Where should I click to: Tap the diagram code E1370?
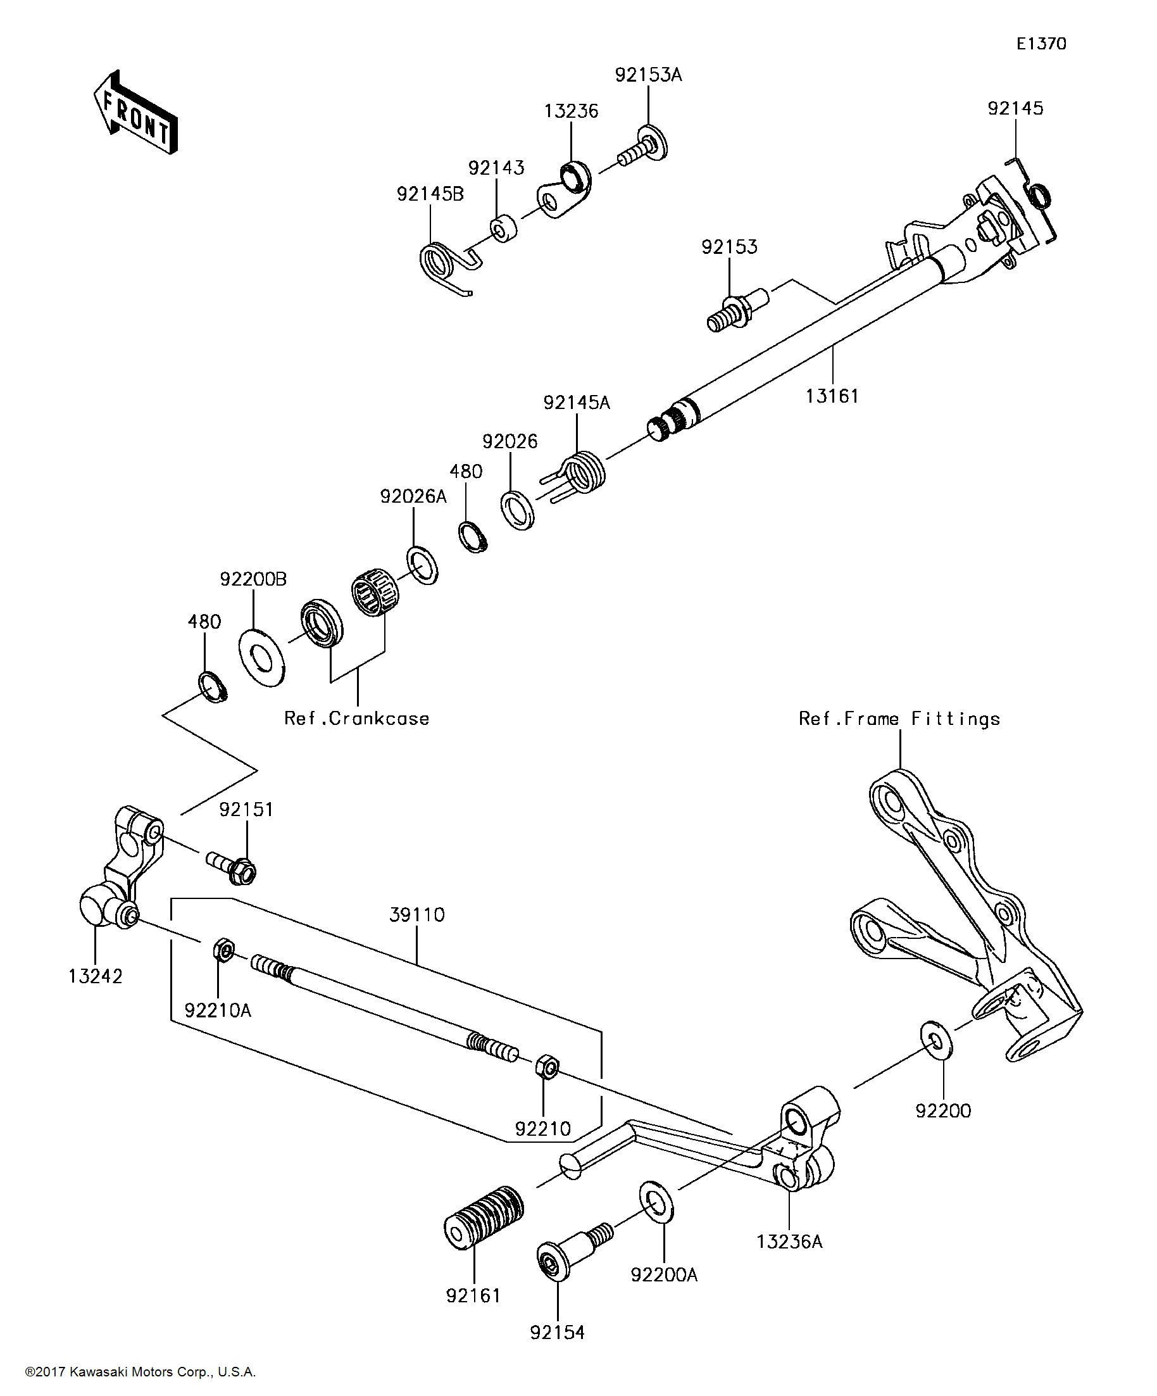[1041, 44]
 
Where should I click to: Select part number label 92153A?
[648, 75]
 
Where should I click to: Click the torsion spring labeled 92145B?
[442, 265]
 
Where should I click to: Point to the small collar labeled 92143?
[504, 228]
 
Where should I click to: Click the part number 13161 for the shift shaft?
[832, 396]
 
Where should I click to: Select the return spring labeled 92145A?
[582, 472]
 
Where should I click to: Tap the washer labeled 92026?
[517, 510]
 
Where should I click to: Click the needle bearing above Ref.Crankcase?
[374, 591]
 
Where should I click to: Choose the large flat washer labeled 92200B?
[261, 658]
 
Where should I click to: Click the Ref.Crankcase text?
[357, 719]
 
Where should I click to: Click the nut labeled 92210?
[546, 1066]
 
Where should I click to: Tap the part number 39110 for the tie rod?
[416, 915]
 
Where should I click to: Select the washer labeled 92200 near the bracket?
[935, 1040]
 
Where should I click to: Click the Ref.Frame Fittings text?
[899, 719]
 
